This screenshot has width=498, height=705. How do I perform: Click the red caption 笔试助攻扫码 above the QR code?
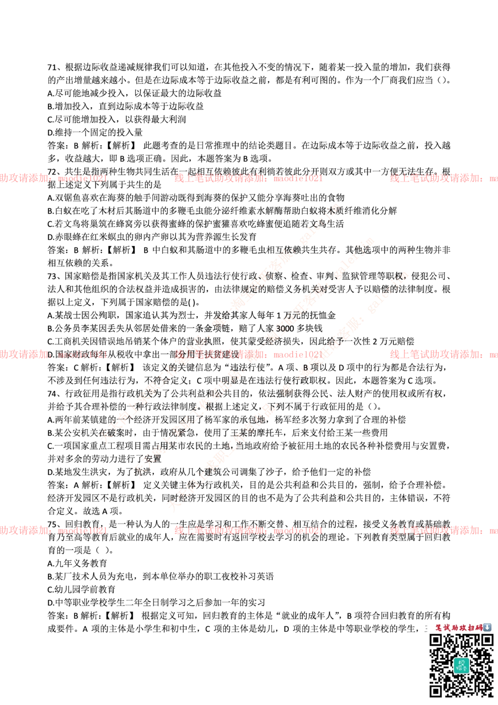tap(459, 628)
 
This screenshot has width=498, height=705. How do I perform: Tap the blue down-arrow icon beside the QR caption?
tap(487, 627)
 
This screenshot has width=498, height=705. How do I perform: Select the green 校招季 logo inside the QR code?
tap(461, 665)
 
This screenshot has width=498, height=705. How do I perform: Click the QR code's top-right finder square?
tap(486, 640)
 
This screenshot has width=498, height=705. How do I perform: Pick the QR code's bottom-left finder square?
tap(436, 691)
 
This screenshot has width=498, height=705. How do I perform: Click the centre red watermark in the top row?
tap(248, 178)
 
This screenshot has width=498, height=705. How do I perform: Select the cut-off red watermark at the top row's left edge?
tap(53, 178)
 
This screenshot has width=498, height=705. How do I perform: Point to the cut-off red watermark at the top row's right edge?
tap(443, 178)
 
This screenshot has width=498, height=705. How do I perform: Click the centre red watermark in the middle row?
tap(248, 354)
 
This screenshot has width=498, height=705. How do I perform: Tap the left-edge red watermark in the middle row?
tap(53, 354)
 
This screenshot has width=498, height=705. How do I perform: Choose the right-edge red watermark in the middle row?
tap(443, 354)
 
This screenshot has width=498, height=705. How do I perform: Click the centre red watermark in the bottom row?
tap(248, 530)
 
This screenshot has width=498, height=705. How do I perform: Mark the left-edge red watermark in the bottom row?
tap(53, 530)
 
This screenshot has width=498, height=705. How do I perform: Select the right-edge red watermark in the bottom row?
tap(443, 530)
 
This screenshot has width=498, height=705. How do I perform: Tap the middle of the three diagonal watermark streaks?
tap(254, 356)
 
